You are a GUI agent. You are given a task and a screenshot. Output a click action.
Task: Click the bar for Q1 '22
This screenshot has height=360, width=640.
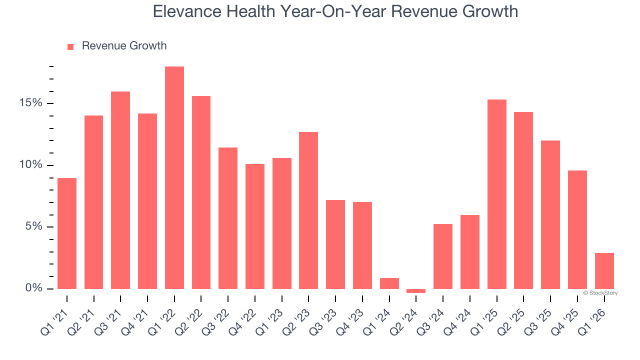click(174, 177)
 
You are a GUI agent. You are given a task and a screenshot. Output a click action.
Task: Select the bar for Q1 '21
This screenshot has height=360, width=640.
click(67, 233)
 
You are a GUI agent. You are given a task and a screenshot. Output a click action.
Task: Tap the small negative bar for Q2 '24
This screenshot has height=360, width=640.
click(416, 290)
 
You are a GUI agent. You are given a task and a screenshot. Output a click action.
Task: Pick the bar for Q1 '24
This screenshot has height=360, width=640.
click(389, 283)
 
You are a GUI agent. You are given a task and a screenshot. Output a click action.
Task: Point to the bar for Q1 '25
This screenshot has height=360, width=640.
click(497, 194)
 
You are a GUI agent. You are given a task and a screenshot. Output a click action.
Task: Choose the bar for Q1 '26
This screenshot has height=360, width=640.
click(604, 271)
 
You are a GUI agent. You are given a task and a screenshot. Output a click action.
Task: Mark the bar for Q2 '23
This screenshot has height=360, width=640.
click(308, 210)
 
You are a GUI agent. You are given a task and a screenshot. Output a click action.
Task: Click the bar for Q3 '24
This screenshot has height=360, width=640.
click(443, 256)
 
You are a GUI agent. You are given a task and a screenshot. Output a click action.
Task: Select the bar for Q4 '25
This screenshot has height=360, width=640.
click(577, 229)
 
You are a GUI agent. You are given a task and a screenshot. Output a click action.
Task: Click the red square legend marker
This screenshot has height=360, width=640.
click(70, 46)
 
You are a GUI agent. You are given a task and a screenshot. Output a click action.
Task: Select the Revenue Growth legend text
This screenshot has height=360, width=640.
click(124, 46)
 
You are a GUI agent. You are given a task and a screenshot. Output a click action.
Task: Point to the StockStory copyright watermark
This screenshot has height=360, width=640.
click(600, 293)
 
